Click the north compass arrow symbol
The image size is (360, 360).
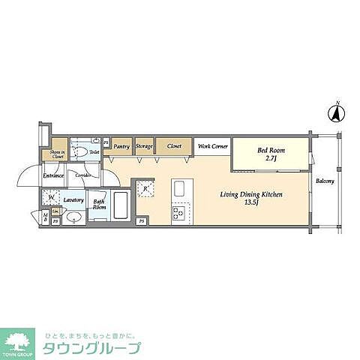click(337, 115)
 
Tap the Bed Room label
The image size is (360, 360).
click(268, 150)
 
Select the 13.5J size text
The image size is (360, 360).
click(250, 202)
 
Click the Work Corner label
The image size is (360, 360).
click(212, 147)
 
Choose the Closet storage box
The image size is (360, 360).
click(174, 147)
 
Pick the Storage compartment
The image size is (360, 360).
click(145, 147)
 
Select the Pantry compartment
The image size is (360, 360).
click(121, 147)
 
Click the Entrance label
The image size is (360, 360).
click(52, 175)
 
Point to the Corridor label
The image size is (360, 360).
click(84, 175)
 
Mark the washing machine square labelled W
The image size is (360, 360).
click(51, 198)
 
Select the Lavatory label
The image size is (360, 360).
click(73, 199)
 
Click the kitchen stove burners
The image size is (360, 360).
click(178, 213)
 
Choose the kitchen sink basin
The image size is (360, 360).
click(179, 187)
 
